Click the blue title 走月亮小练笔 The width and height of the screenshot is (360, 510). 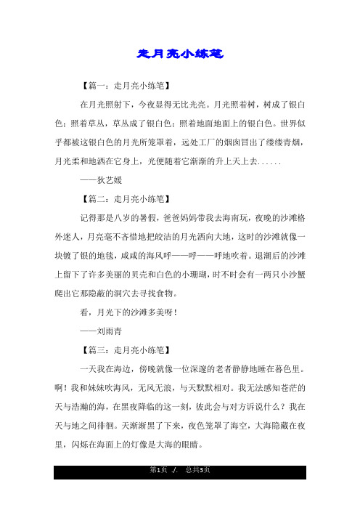point(179,54)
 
